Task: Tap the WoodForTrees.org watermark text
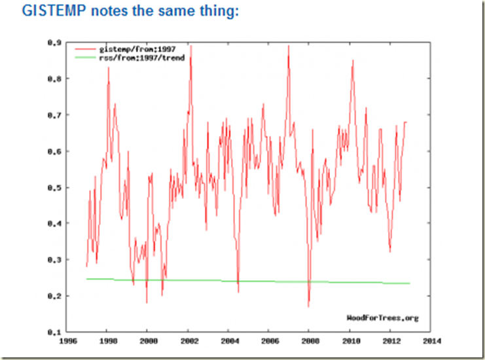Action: (382, 318)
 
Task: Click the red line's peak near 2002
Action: (190, 45)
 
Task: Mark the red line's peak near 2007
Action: (288, 45)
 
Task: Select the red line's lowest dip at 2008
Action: (308, 306)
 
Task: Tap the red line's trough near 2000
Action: (147, 302)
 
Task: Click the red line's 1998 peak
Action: (109, 67)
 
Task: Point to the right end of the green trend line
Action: (409, 283)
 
